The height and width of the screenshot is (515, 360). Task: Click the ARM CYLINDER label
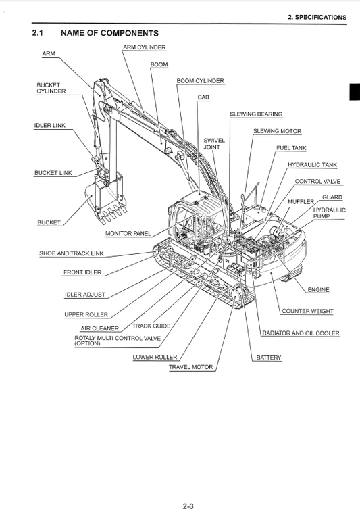coord(144,48)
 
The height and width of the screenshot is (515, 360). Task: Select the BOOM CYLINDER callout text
coord(200,81)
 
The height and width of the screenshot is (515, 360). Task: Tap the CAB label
coord(203,97)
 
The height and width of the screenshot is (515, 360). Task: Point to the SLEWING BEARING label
coord(256,114)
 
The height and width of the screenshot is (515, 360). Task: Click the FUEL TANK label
coord(290,147)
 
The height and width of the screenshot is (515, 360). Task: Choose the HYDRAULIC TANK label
coord(312,165)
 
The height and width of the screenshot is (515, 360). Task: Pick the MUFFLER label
coord(301,202)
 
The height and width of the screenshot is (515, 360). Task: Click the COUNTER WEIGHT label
coord(307,312)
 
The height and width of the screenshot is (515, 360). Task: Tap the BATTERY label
coord(269,358)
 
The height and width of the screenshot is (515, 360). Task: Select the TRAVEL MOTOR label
coord(190,368)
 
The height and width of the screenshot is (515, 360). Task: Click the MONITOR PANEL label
coord(128,234)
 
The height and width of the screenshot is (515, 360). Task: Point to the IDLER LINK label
coord(50,126)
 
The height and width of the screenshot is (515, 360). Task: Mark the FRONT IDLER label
coord(82,272)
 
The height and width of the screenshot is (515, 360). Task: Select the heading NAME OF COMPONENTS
coord(109,33)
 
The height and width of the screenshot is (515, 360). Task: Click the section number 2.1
coord(38,33)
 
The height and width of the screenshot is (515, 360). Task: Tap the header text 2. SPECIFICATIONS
coord(316,18)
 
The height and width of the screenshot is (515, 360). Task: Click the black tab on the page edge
coord(354,91)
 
